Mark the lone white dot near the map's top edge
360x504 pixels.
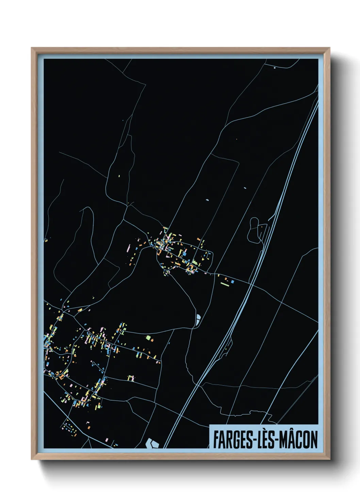pyautogui.click(x=275, y=68)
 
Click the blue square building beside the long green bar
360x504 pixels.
pyautogui.click(x=232, y=282)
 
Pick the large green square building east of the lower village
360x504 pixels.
pyautogui.click(x=148, y=338)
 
